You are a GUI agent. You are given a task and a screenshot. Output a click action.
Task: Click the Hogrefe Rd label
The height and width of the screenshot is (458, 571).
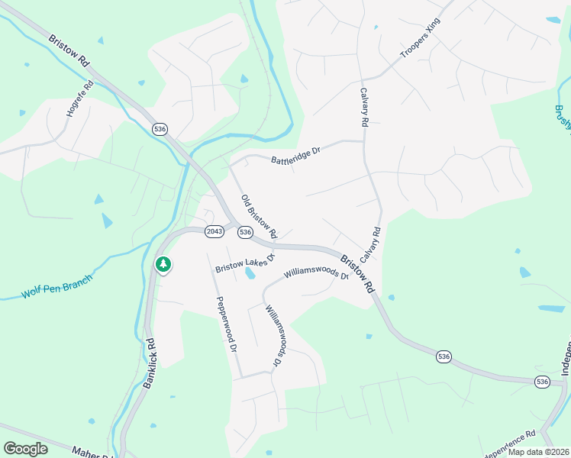pyautogui.click(x=79, y=98)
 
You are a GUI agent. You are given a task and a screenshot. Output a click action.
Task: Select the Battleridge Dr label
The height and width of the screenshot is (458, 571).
pyautogui.click(x=295, y=156)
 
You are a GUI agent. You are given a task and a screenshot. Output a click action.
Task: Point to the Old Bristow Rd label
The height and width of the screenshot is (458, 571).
pyautogui.click(x=259, y=215)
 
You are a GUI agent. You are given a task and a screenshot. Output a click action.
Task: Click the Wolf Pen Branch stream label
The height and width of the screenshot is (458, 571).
pyautogui.click(x=56, y=287)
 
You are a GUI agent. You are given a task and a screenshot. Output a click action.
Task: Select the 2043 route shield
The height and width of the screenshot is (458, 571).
pyautogui.click(x=215, y=231)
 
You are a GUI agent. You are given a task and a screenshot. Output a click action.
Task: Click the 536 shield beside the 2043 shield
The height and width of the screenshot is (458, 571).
pyautogui.click(x=245, y=231)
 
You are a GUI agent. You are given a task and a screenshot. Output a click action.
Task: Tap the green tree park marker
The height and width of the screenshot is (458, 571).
pyautogui.click(x=163, y=264)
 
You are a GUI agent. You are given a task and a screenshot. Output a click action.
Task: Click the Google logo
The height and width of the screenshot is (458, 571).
pyautogui.click(x=25, y=449)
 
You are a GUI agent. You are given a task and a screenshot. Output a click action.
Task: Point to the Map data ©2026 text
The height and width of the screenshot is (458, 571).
pyautogui.click(x=538, y=452)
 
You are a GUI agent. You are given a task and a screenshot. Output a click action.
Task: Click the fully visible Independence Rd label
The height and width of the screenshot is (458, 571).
pyautogui.click(x=510, y=445)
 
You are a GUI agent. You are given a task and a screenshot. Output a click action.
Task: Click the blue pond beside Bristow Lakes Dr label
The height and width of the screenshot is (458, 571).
pyautogui.click(x=250, y=272)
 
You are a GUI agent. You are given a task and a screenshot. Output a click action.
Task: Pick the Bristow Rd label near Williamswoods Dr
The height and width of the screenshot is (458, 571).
pyautogui.click(x=358, y=274)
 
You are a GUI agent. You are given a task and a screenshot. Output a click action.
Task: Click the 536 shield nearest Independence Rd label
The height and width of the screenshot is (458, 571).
pyautogui.click(x=543, y=381)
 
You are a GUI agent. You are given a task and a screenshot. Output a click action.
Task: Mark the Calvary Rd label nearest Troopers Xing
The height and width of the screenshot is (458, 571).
pyautogui.click(x=364, y=106)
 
